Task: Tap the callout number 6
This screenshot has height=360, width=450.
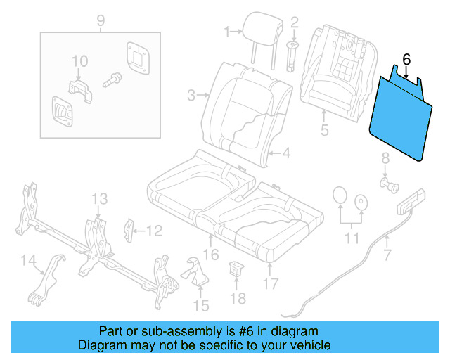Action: pyautogui.click(x=406, y=59)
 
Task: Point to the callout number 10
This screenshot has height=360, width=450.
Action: pyautogui.click(x=79, y=61)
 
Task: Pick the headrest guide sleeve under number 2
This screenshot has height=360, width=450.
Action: pyautogui.click(x=292, y=53)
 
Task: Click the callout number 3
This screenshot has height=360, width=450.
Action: pyautogui.click(x=191, y=94)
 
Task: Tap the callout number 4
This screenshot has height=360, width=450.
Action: pyautogui.click(x=287, y=153)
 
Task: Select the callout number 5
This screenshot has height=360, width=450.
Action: pyautogui.click(x=323, y=129)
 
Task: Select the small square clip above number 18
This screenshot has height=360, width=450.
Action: pyautogui.click(x=238, y=268)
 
